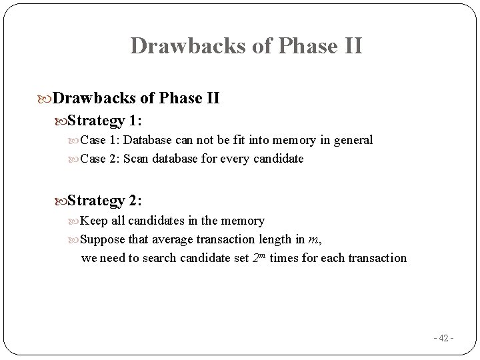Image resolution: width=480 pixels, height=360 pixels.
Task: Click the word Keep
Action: pyautogui.click(x=93, y=220)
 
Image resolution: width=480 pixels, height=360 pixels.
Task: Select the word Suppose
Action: pyautogui.click(x=103, y=239)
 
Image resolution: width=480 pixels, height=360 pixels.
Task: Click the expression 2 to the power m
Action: pyautogui.click(x=260, y=257)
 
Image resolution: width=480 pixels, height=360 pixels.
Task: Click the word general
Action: pyautogui.click(x=353, y=141)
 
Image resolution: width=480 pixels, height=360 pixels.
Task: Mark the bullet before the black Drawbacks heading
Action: pyautogui.click(x=45, y=99)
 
